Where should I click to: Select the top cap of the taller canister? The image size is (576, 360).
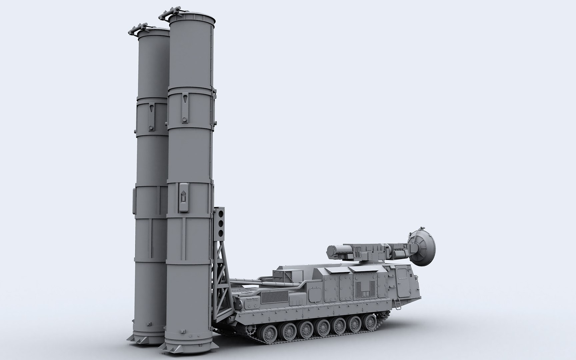pos(191,17)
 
